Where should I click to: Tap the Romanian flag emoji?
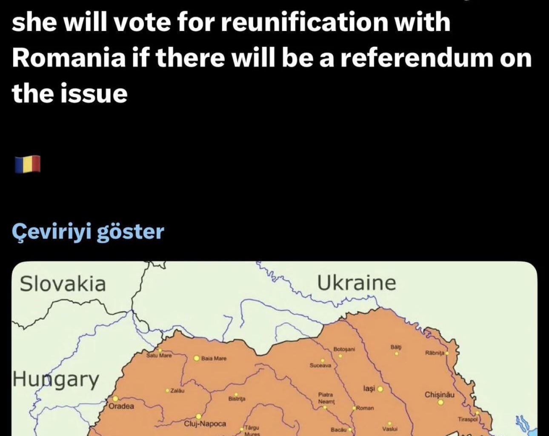[x=27, y=164]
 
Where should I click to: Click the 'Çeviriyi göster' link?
[x=88, y=232]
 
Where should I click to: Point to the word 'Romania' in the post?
[x=68, y=57]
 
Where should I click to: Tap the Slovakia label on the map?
[x=63, y=284]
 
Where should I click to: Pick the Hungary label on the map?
[x=56, y=379]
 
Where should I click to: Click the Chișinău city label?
[x=439, y=395]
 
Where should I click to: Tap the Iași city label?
[x=369, y=389]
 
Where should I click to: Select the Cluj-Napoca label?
[x=205, y=424]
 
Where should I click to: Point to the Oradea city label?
[x=121, y=406]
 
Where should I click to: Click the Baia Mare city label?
[x=214, y=359]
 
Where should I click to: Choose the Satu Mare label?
[x=159, y=355]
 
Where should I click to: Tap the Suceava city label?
[x=320, y=365]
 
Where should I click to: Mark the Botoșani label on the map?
[x=344, y=349]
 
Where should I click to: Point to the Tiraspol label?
[x=468, y=419]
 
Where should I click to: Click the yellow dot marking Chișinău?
[x=441, y=402]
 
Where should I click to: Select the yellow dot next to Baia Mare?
[x=197, y=358]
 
